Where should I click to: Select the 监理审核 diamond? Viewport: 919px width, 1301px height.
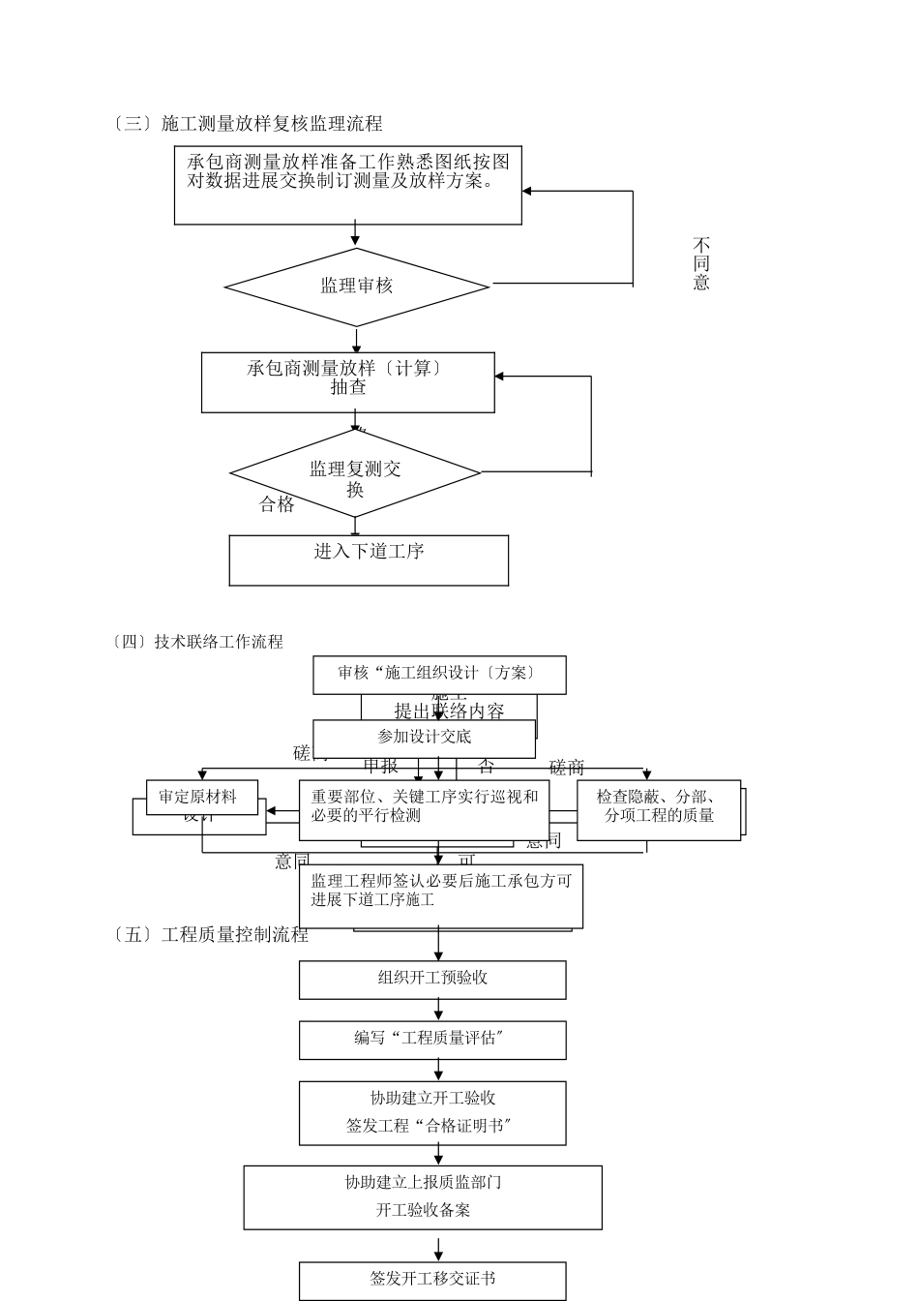point(356,287)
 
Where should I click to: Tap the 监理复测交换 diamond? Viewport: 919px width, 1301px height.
point(355,474)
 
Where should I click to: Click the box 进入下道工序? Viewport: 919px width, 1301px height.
point(369,560)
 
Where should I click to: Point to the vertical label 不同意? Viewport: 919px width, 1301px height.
point(701,263)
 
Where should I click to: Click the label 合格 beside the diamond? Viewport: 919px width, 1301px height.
point(277,504)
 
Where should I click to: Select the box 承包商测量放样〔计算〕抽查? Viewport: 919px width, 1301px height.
point(347,381)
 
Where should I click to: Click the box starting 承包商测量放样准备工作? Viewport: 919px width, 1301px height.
point(347,185)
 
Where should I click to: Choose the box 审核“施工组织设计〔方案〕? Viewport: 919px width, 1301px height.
point(439,674)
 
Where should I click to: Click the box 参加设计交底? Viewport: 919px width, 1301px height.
point(424,738)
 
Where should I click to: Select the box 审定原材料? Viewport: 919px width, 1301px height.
point(197,798)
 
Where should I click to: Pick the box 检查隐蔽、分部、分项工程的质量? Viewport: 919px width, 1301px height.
point(658,808)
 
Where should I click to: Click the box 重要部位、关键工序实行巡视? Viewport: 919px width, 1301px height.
point(424,808)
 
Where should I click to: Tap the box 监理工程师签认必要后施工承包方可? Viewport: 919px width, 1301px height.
point(440,893)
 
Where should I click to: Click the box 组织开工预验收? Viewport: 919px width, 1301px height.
point(432,979)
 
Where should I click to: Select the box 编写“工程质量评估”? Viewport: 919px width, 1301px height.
point(432,1040)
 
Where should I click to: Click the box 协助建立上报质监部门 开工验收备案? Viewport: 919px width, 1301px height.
point(423,1196)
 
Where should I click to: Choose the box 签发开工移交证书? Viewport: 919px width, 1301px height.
point(432,1280)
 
